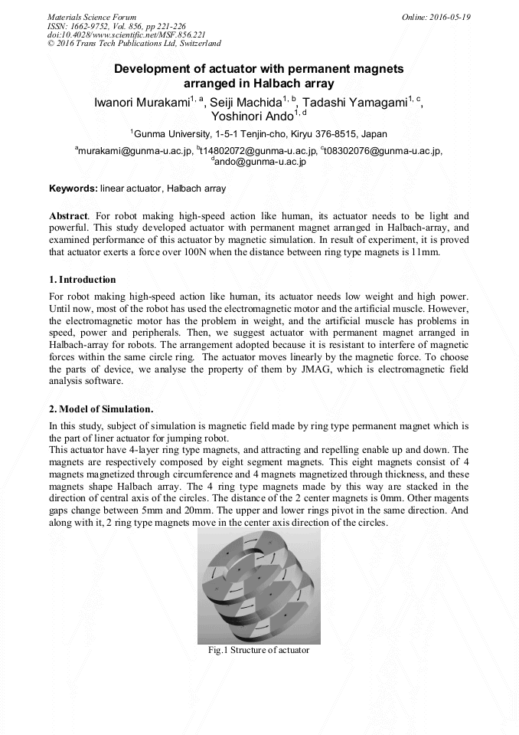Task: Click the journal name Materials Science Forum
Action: pyautogui.click(x=92, y=16)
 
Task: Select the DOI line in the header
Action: pyautogui.click(x=126, y=34)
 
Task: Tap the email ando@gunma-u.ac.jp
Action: pyautogui.click(x=260, y=162)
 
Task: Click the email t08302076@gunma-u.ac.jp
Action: pyautogui.click(x=384, y=151)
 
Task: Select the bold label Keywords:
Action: pyautogui.click(x=73, y=189)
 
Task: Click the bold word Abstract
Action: pyautogui.click(x=68, y=217)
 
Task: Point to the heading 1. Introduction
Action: pyautogui.click(x=82, y=280)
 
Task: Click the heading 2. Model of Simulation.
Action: pyautogui.click(x=100, y=408)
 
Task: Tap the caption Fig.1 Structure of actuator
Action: pyautogui.click(x=259, y=650)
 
